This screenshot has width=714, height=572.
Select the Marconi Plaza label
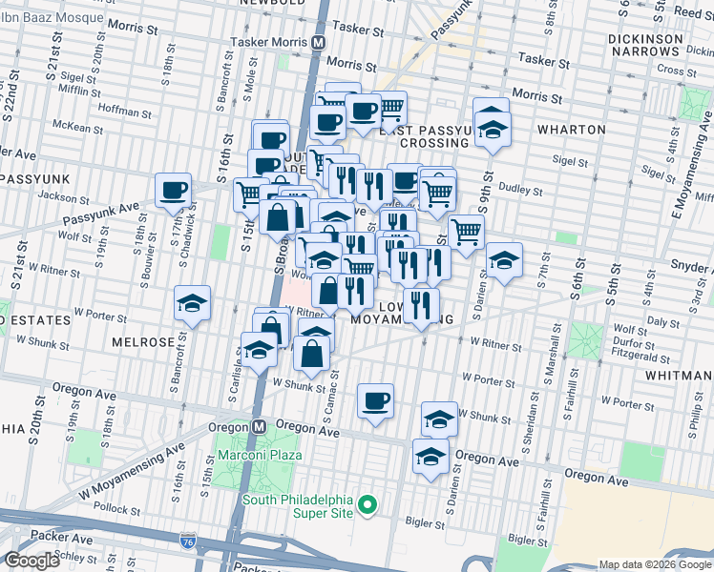259,454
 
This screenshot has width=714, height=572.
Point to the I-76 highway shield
187,541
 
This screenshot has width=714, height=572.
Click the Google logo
31,561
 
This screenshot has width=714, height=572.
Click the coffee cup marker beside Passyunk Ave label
174,191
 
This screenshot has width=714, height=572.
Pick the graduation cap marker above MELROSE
192,304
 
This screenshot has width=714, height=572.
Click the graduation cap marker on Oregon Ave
430,457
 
